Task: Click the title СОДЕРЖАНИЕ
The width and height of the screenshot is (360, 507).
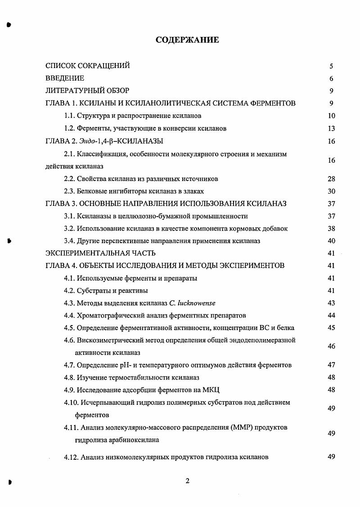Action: pos(187,41)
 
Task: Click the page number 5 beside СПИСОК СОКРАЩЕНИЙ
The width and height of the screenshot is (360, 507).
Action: pos(331,66)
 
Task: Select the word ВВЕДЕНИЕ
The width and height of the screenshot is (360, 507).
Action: pos(65,78)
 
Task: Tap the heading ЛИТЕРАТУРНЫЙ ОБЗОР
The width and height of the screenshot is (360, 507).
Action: pos(87,91)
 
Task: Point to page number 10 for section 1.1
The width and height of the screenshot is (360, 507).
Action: pos(331,116)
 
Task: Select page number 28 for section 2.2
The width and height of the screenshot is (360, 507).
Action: pos(331,179)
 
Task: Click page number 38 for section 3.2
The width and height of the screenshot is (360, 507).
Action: pos(331,228)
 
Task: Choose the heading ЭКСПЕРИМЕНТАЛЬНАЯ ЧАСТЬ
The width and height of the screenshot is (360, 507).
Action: pos(101,253)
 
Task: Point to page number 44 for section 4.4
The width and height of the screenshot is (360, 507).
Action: pos(331,315)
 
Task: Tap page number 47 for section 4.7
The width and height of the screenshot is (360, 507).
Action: pos(331,365)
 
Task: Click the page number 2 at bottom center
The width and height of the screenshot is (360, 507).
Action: pos(187,480)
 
